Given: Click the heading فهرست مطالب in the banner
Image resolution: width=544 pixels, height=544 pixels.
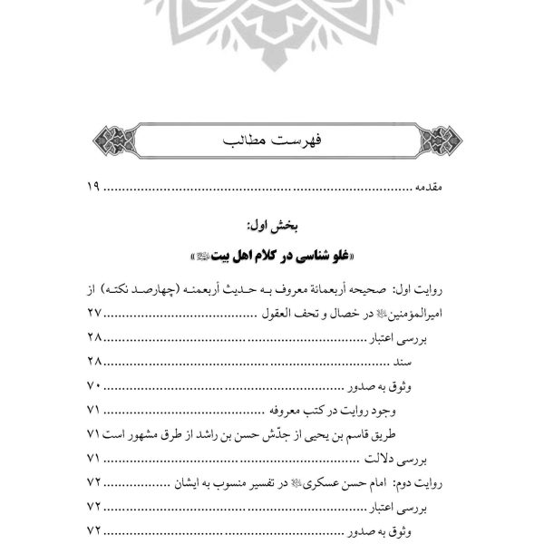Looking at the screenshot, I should [x=273, y=141].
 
